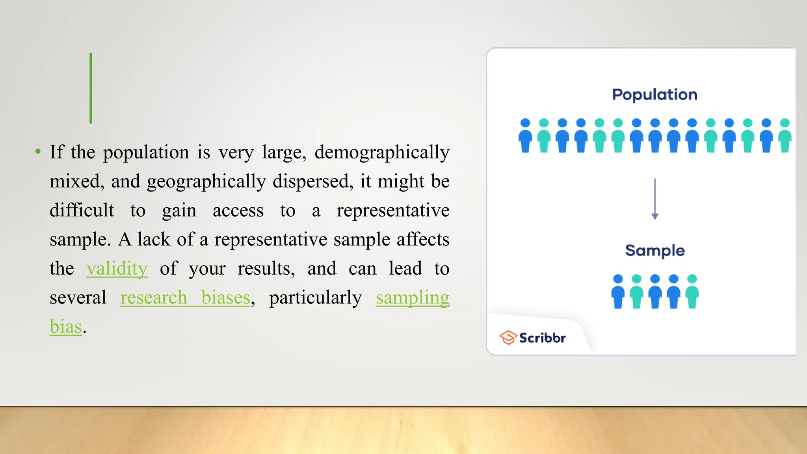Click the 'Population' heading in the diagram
point(655,95)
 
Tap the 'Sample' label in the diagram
point(655,251)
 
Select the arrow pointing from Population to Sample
point(655,199)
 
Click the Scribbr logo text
point(542,338)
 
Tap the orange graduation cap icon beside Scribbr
point(508,337)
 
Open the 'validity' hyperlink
point(117,269)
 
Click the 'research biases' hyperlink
point(185,298)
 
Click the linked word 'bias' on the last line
point(66,327)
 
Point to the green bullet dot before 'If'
point(38,152)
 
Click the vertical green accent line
point(91,88)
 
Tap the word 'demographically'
point(382,153)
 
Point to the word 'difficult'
point(82,210)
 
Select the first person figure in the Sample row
point(618,292)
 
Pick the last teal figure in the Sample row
point(692,292)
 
